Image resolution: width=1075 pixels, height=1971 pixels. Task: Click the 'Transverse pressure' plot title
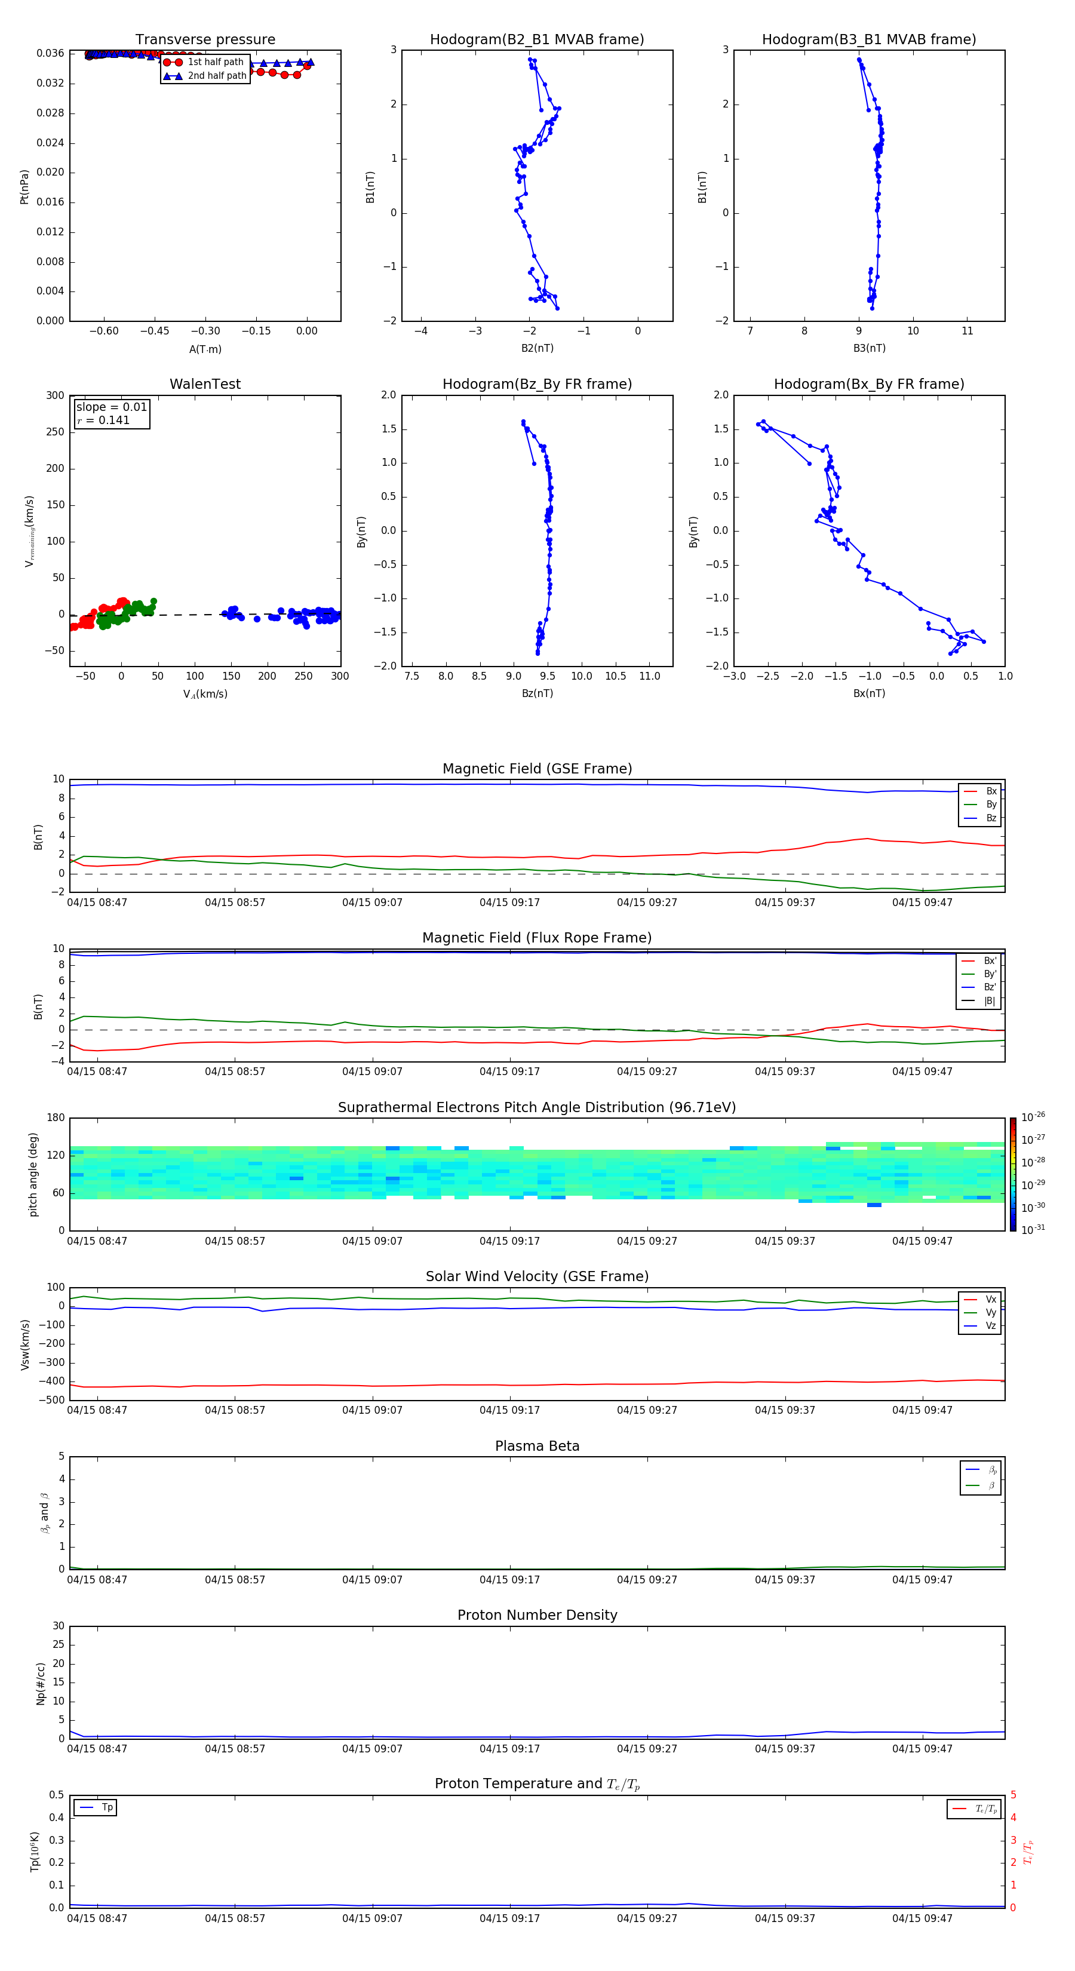pos(205,40)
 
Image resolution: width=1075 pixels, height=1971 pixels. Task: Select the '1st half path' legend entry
pos(215,62)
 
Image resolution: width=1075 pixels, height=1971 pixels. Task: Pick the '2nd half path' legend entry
pos(217,76)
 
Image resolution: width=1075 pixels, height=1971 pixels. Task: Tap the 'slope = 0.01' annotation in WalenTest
pos(111,407)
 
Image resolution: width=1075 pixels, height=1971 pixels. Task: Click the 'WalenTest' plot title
pos(205,384)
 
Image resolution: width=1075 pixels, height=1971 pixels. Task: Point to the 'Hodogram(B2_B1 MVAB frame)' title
pos(536,40)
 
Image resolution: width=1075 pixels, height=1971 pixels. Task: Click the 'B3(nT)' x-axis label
pos(869,348)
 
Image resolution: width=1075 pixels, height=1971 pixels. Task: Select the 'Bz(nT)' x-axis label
pos(537,693)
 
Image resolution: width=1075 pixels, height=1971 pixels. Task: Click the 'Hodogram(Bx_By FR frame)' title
pos(868,384)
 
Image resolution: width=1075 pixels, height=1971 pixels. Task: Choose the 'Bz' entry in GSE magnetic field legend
pos(991,818)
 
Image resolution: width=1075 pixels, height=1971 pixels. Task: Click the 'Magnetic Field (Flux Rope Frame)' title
pos(536,938)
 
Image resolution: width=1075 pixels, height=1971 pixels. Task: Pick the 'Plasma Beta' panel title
pos(536,1446)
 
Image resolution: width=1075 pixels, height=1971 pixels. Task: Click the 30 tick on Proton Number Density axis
pos(58,1626)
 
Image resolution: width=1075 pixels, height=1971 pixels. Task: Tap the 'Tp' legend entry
pos(107,1807)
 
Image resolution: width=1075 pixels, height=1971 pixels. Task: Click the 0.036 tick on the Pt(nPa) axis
pos(51,54)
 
